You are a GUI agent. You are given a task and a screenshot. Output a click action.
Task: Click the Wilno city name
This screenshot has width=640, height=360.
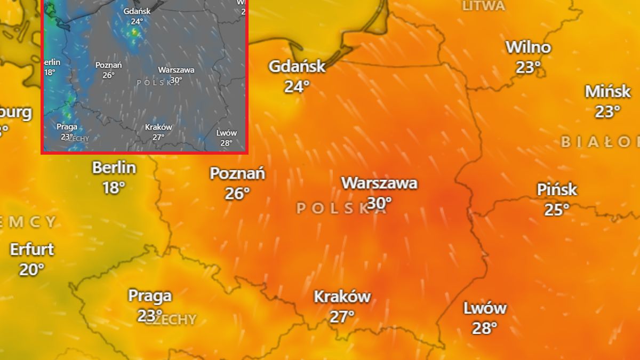point(528,47)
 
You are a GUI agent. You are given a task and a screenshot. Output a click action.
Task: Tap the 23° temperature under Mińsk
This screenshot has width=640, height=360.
point(607,111)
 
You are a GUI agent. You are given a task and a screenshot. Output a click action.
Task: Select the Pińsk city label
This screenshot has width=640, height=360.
point(557,189)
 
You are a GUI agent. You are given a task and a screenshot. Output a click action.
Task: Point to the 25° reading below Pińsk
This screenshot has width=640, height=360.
point(557,210)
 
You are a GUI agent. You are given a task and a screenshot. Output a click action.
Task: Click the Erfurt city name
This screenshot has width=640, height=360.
point(32,249)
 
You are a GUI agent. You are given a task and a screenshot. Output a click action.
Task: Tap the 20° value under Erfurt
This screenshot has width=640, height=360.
point(32,269)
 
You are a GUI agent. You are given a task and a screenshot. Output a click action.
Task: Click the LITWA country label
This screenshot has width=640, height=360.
point(483,6)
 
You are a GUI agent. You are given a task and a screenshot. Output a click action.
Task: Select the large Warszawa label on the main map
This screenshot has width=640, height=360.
point(379,183)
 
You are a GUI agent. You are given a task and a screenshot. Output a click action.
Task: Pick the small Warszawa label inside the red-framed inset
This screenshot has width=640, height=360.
point(176,70)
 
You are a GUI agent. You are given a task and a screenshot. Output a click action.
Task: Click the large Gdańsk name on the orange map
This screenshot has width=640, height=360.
point(297,67)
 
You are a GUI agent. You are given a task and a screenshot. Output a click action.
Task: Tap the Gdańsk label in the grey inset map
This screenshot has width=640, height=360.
point(137,11)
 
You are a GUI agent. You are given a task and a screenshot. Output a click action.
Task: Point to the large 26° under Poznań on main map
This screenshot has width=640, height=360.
point(237,194)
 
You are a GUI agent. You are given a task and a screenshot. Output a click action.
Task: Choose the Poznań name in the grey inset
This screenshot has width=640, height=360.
point(109,65)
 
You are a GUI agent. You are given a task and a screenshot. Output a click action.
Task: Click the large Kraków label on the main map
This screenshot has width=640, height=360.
point(342,297)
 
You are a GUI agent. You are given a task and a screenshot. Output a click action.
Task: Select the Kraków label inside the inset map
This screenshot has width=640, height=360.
point(158,127)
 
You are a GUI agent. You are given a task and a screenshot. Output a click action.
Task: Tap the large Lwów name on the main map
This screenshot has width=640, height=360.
point(485,308)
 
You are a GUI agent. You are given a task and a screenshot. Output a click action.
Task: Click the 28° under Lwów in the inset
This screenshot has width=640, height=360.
point(226,142)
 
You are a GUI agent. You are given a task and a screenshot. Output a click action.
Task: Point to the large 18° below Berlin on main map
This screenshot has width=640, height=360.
point(114,187)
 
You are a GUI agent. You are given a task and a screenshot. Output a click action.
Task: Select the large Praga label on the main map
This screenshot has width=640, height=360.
point(150,295)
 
